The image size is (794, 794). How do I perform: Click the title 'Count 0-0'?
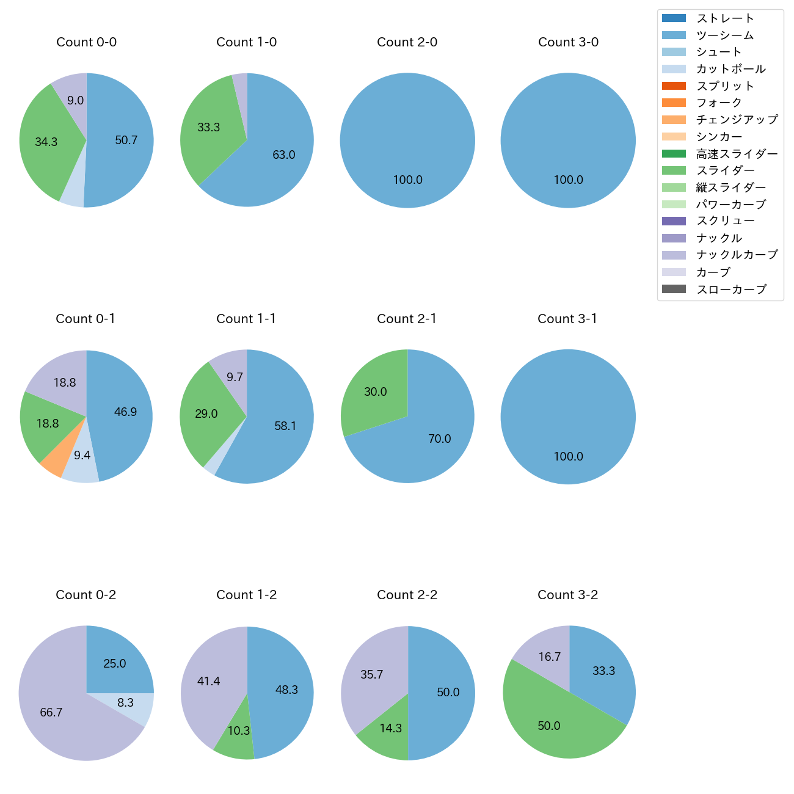[86, 42]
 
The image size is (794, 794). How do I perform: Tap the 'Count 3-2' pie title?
[567, 595]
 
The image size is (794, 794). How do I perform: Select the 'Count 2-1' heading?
[407, 319]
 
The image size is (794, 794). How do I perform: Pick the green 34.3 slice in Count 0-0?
[46, 142]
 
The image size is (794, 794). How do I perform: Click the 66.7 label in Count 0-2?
[51, 713]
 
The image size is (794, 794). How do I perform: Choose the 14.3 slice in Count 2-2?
[387, 733]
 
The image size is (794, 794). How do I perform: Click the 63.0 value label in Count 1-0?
[284, 155]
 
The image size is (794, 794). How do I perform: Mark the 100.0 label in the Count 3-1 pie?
[568, 457]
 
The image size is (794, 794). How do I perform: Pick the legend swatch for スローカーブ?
[674, 289]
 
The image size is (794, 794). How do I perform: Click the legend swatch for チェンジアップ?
[674, 120]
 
